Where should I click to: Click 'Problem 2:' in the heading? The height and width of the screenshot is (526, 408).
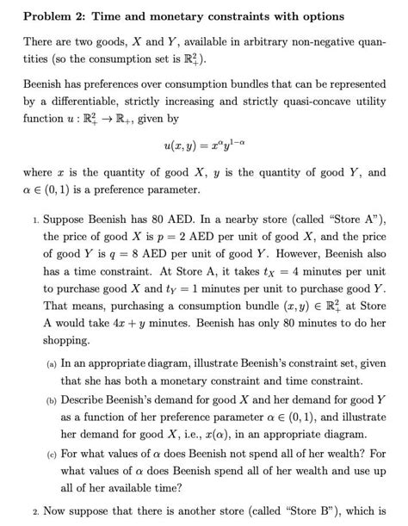click(x=56, y=16)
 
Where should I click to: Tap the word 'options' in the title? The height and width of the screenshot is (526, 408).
click(x=320, y=16)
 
